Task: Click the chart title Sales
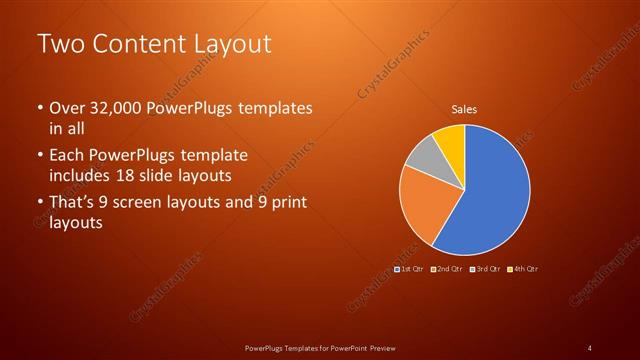pos(463,108)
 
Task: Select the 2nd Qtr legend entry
pos(447,269)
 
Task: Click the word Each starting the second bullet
pos(67,156)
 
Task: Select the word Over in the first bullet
pos(68,108)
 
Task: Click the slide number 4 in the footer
pos(590,348)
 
